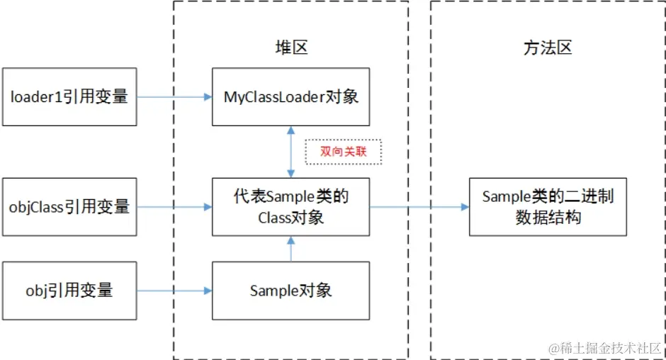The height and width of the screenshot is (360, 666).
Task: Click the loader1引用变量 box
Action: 69,97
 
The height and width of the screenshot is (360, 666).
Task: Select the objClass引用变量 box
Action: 69,207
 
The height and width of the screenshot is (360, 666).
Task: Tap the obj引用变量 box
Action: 69,290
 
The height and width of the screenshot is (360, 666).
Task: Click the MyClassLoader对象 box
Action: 290,97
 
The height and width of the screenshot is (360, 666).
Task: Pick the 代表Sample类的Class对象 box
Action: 290,207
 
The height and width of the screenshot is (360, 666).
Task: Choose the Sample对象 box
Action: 290,290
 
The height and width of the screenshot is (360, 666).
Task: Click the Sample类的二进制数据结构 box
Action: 548,207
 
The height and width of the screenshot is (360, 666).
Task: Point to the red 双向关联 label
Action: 344,152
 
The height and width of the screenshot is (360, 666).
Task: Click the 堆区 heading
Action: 291,47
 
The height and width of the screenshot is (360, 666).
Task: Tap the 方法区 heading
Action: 548,47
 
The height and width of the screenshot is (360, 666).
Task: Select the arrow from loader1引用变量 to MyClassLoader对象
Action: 174,97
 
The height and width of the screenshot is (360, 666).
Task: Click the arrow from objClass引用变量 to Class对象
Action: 174,207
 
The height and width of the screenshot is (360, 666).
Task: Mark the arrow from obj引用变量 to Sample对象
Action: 174,291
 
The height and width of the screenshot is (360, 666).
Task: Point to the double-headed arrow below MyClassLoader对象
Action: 290,152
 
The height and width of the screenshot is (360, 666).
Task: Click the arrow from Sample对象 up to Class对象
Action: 290,249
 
